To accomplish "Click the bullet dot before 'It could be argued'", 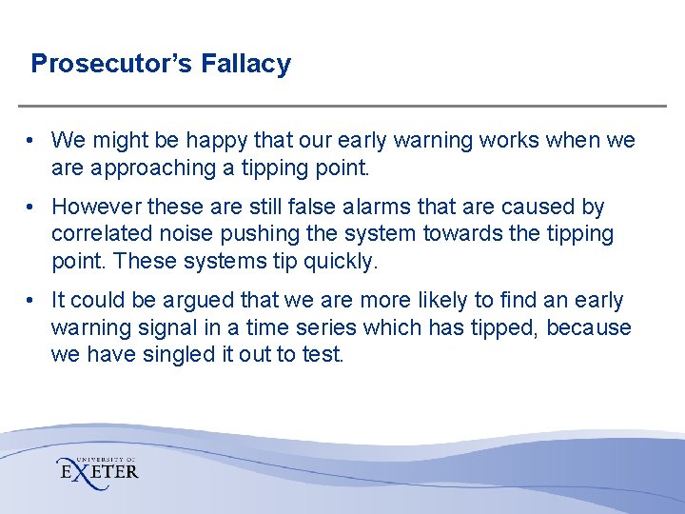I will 31,301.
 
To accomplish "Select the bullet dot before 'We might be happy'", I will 31,141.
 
